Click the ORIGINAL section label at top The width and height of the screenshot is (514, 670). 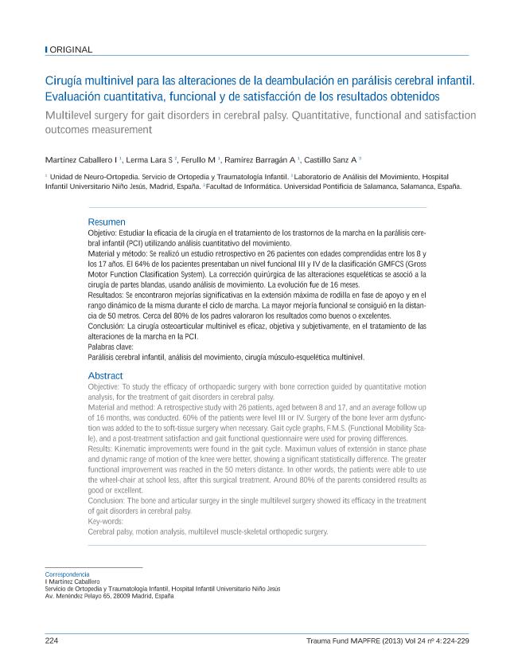click(x=71, y=49)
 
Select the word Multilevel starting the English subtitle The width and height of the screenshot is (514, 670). click(x=68, y=116)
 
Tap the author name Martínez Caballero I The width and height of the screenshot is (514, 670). click(x=81, y=159)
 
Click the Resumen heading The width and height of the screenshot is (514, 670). click(x=106, y=221)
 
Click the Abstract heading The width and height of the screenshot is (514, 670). click(x=105, y=375)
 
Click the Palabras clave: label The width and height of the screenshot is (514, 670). click(x=111, y=347)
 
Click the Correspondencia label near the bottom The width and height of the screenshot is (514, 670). click(x=67, y=574)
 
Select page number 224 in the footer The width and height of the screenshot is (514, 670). click(x=52, y=641)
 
